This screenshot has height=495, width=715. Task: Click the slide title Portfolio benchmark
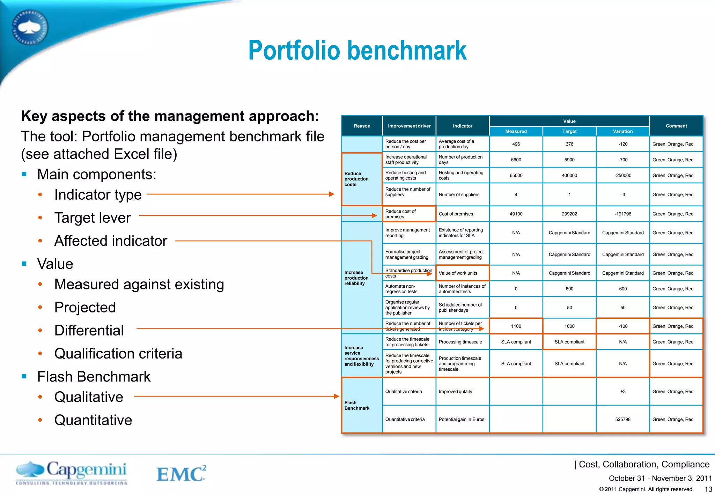click(357, 51)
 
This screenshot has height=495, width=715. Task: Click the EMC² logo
click(181, 474)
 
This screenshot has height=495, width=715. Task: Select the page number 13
click(708, 489)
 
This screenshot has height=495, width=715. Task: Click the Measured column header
click(516, 131)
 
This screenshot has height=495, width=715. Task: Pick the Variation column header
click(622, 131)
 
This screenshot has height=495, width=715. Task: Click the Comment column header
click(676, 126)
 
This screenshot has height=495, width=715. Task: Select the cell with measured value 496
click(516, 144)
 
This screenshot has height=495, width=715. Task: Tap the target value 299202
click(569, 214)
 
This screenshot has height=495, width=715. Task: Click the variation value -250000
click(622, 176)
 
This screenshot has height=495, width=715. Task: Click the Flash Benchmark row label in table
click(357, 405)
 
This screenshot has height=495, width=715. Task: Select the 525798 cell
click(622, 419)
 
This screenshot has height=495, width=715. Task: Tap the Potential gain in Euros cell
click(461, 419)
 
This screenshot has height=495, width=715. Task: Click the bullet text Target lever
click(93, 218)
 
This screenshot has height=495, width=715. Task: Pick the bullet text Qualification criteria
click(118, 354)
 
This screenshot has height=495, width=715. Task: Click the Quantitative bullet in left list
click(93, 420)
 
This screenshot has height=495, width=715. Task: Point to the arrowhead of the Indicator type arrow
click(332, 194)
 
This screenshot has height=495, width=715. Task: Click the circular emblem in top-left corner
click(30, 28)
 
